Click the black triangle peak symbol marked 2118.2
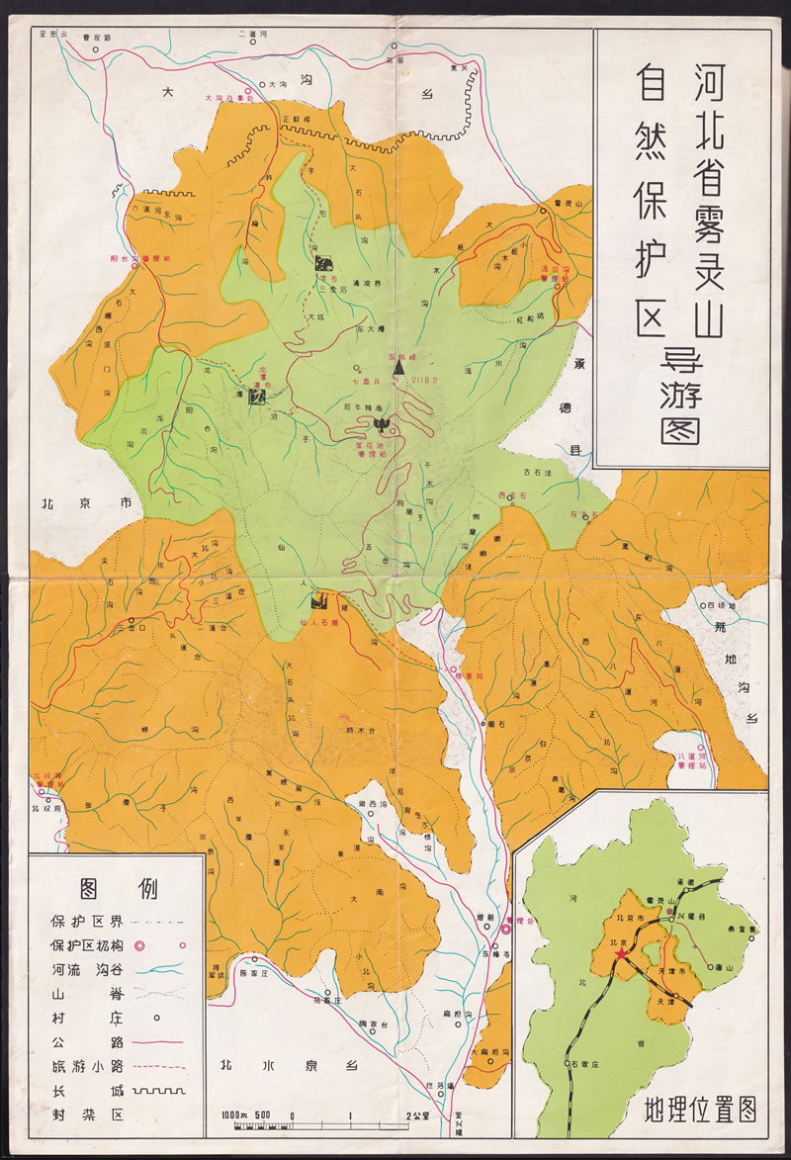[398, 366]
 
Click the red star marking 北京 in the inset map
[620, 954]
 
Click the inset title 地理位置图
[699, 1110]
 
